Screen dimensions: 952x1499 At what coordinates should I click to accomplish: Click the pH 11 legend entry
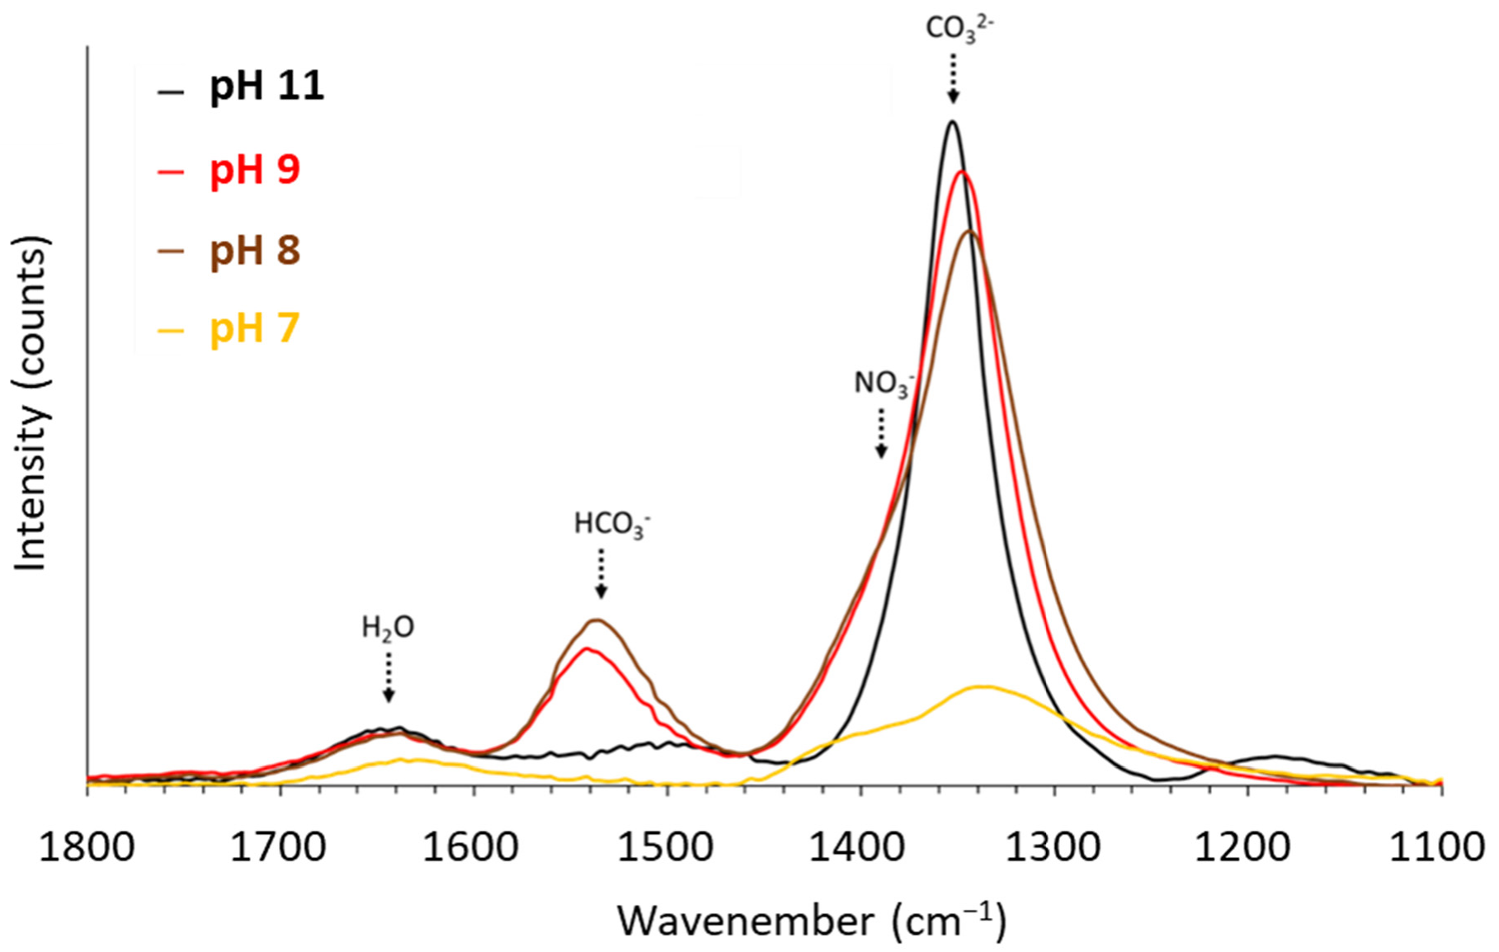click(266, 87)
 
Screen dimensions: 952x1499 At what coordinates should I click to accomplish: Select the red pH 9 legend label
click(254, 170)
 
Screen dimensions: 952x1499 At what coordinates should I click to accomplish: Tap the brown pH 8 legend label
click(254, 250)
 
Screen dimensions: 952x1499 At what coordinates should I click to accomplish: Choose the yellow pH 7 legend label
click(254, 328)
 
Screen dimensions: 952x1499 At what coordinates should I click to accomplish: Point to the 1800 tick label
click(87, 847)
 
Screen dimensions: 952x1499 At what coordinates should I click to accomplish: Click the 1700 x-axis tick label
click(280, 847)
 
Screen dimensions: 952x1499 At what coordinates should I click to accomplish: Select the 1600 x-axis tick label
click(474, 847)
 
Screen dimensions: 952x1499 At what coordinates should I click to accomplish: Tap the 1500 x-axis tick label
click(667, 847)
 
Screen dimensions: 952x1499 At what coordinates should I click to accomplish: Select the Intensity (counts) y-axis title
click(31, 404)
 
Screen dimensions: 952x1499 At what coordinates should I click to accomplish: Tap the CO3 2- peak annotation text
click(959, 27)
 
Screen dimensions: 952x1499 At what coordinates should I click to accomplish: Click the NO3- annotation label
click(884, 384)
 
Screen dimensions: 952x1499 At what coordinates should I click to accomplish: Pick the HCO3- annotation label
click(611, 525)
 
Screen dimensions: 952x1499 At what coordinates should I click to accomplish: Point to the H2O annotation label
click(388, 629)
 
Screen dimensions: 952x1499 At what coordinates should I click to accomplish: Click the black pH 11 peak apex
click(952, 122)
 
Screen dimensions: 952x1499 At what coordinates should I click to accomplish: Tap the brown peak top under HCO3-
click(596, 620)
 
